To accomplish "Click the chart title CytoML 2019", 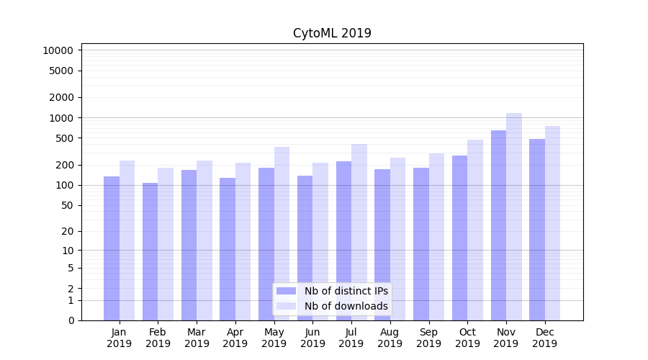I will click(x=332, y=33).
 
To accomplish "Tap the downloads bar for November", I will click(x=514, y=216).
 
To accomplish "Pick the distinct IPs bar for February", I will click(x=150, y=251).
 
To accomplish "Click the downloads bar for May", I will click(x=282, y=233).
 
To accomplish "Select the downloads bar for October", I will click(x=475, y=230).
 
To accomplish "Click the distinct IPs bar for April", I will click(x=228, y=248).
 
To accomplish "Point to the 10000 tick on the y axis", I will click(x=58, y=50).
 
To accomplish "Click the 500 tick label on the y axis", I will click(x=63, y=138).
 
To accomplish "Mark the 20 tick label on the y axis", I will click(x=66, y=231).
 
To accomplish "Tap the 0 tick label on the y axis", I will click(x=71, y=320).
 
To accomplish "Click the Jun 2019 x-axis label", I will click(x=312, y=338).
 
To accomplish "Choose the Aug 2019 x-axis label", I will click(x=390, y=338).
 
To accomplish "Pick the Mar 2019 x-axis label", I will click(x=197, y=338).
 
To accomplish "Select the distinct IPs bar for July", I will click(x=343, y=240).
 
